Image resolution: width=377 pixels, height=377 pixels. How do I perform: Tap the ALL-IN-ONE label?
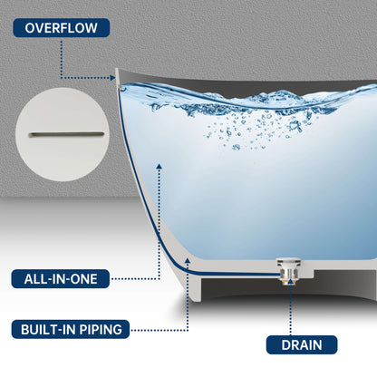(61, 279)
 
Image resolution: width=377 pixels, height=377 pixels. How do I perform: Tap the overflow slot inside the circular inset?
(67, 135)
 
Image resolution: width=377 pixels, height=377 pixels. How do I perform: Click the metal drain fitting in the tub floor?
(289, 268)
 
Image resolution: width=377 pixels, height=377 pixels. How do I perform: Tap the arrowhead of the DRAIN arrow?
(289, 284)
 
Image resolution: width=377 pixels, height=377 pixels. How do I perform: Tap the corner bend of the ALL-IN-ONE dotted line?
(159, 279)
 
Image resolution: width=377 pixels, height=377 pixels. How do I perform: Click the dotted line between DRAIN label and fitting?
(289, 313)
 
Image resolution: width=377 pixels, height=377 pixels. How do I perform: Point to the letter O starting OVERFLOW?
(30, 27)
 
